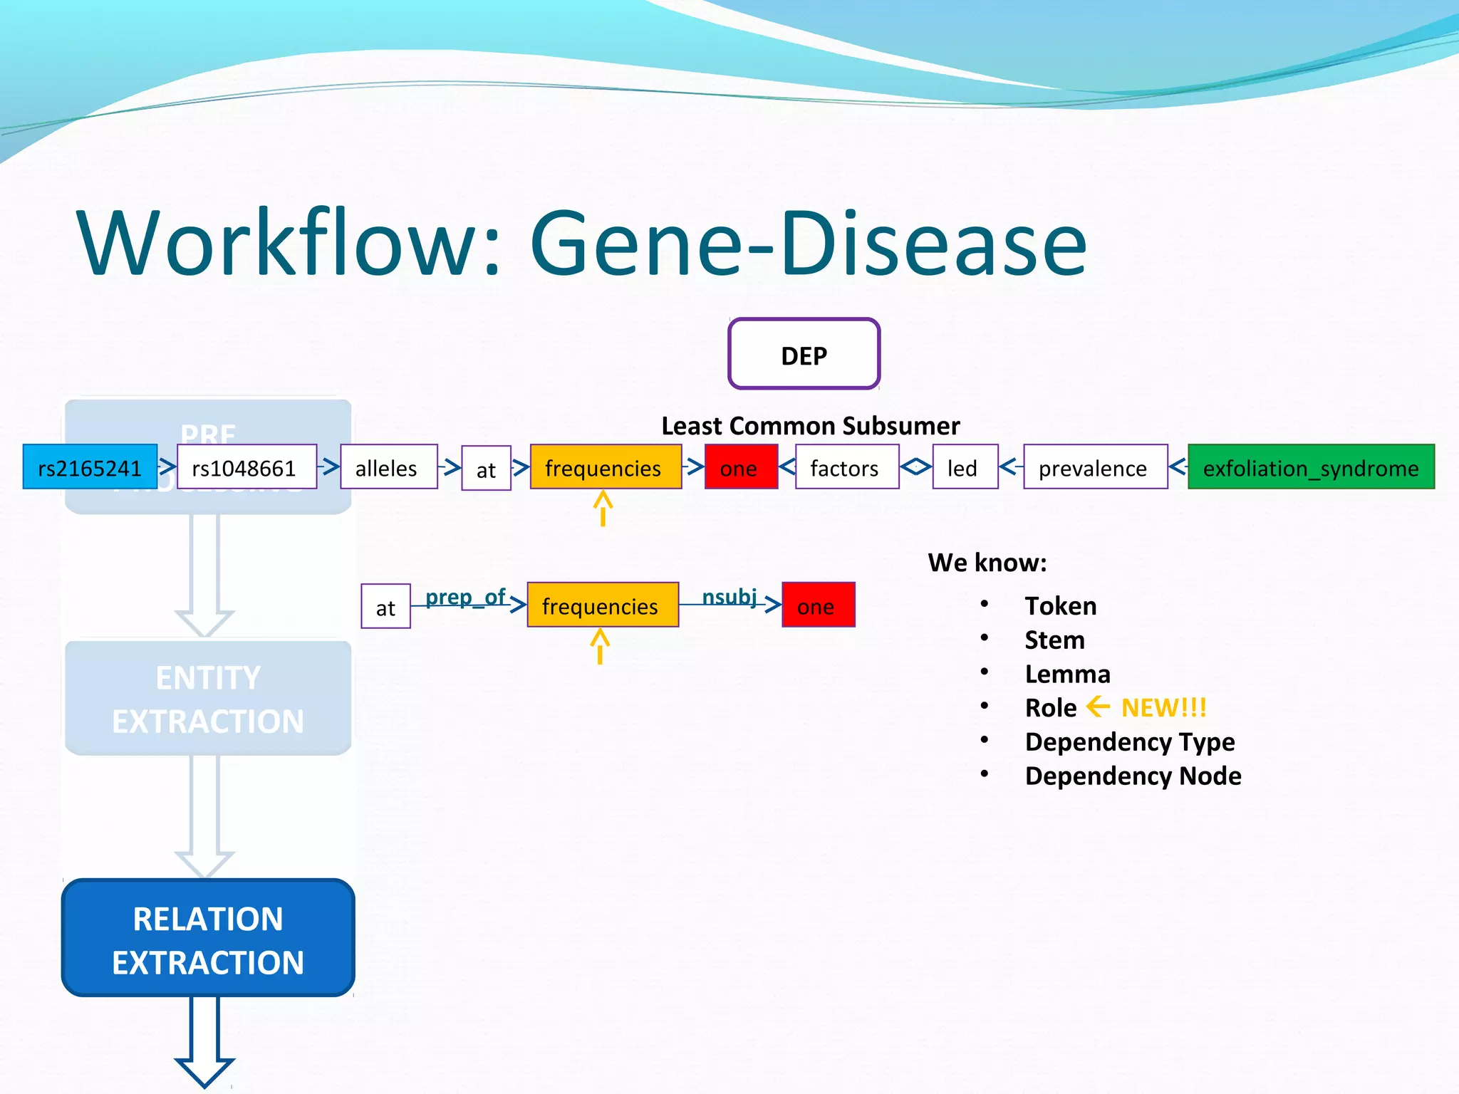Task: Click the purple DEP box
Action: (804, 354)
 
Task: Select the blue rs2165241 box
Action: (90, 467)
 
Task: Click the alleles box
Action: (388, 467)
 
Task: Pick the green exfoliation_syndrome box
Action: (1310, 467)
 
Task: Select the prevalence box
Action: (1094, 467)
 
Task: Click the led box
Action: (964, 467)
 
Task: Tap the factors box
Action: (846, 467)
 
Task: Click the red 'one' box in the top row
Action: (740, 467)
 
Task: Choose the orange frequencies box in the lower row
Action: (602, 605)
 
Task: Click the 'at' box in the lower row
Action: (385, 607)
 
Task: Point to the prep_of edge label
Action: (464, 597)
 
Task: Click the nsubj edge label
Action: (729, 596)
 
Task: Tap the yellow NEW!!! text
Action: (1163, 708)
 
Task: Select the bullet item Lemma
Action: (1066, 674)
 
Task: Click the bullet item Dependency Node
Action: (1132, 776)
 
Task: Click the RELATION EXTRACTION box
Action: (208, 938)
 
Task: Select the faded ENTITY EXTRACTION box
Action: (208, 698)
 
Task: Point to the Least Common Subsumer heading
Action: (810, 426)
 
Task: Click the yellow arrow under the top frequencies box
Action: (603, 509)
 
